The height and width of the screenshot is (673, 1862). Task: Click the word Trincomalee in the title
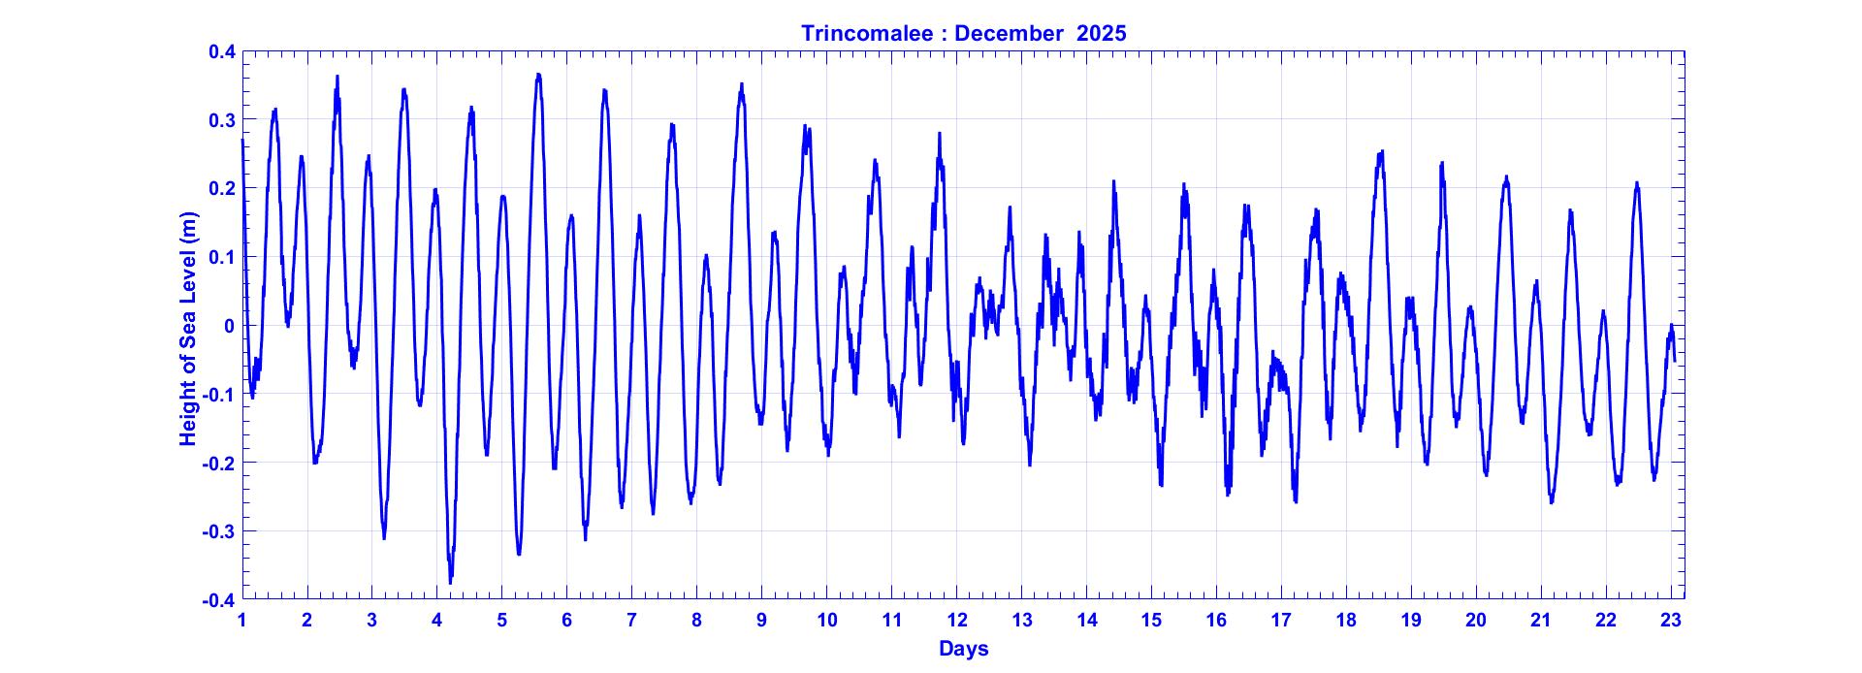point(867,33)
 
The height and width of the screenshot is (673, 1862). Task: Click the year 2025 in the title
point(1101,33)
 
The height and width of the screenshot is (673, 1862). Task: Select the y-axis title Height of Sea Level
point(188,330)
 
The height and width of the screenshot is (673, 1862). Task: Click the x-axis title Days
point(963,649)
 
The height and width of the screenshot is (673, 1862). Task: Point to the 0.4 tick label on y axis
point(222,51)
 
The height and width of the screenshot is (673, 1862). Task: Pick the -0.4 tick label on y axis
point(219,600)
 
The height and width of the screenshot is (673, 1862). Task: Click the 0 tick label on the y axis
point(229,326)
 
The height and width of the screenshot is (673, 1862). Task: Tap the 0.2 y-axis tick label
point(222,188)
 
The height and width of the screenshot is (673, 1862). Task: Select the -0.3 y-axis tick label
point(219,531)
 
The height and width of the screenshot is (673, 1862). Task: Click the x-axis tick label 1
point(242,621)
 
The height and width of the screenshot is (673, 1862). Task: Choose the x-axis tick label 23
point(1670,621)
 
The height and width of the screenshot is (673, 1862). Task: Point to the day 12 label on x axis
point(957,621)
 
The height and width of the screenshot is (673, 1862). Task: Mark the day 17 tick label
point(1281,621)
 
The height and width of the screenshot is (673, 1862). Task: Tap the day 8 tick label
point(696,621)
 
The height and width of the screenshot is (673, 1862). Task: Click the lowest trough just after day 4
point(450,582)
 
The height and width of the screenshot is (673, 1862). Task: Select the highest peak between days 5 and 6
point(538,75)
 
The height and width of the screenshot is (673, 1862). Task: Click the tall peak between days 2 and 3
point(337,77)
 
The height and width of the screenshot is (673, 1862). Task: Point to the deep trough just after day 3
point(384,538)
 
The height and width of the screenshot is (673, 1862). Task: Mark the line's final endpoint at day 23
point(1675,361)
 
